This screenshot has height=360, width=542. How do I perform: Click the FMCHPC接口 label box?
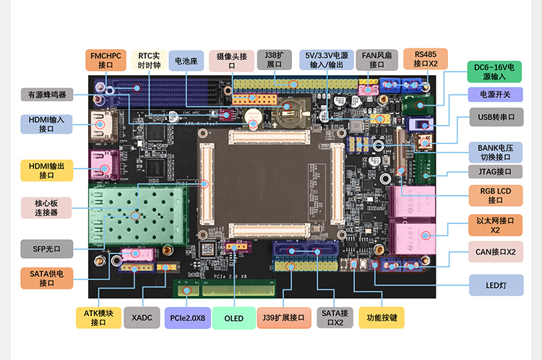tap(106, 60)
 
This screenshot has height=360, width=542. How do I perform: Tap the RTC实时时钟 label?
tap(149, 60)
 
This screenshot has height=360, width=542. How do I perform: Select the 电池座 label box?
tap(186, 61)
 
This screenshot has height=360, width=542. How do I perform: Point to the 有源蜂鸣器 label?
tap(47, 95)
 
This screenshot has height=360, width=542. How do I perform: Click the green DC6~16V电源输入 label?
tap(494, 72)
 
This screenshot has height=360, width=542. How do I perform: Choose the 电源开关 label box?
tap(495, 95)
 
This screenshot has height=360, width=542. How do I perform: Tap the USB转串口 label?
tap(496, 117)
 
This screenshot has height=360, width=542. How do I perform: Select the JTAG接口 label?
tap(495, 171)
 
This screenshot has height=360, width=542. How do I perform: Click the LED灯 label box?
tap(496, 286)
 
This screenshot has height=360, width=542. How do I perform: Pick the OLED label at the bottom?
tap(234, 318)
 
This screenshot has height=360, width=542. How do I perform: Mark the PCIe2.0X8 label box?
tap(188, 318)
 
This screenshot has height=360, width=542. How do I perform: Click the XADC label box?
tap(142, 317)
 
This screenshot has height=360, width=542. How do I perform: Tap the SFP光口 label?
tap(47, 249)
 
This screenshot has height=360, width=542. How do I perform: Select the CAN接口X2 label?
tap(496, 252)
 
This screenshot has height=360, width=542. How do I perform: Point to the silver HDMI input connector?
tap(103, 127)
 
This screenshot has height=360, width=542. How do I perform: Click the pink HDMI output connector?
tap(104, 165)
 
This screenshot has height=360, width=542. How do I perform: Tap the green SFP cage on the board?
tap(138, 216)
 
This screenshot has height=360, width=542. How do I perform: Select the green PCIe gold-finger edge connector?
tap(225, 288)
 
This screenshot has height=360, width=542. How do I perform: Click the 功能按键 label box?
tap(382, 317)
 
